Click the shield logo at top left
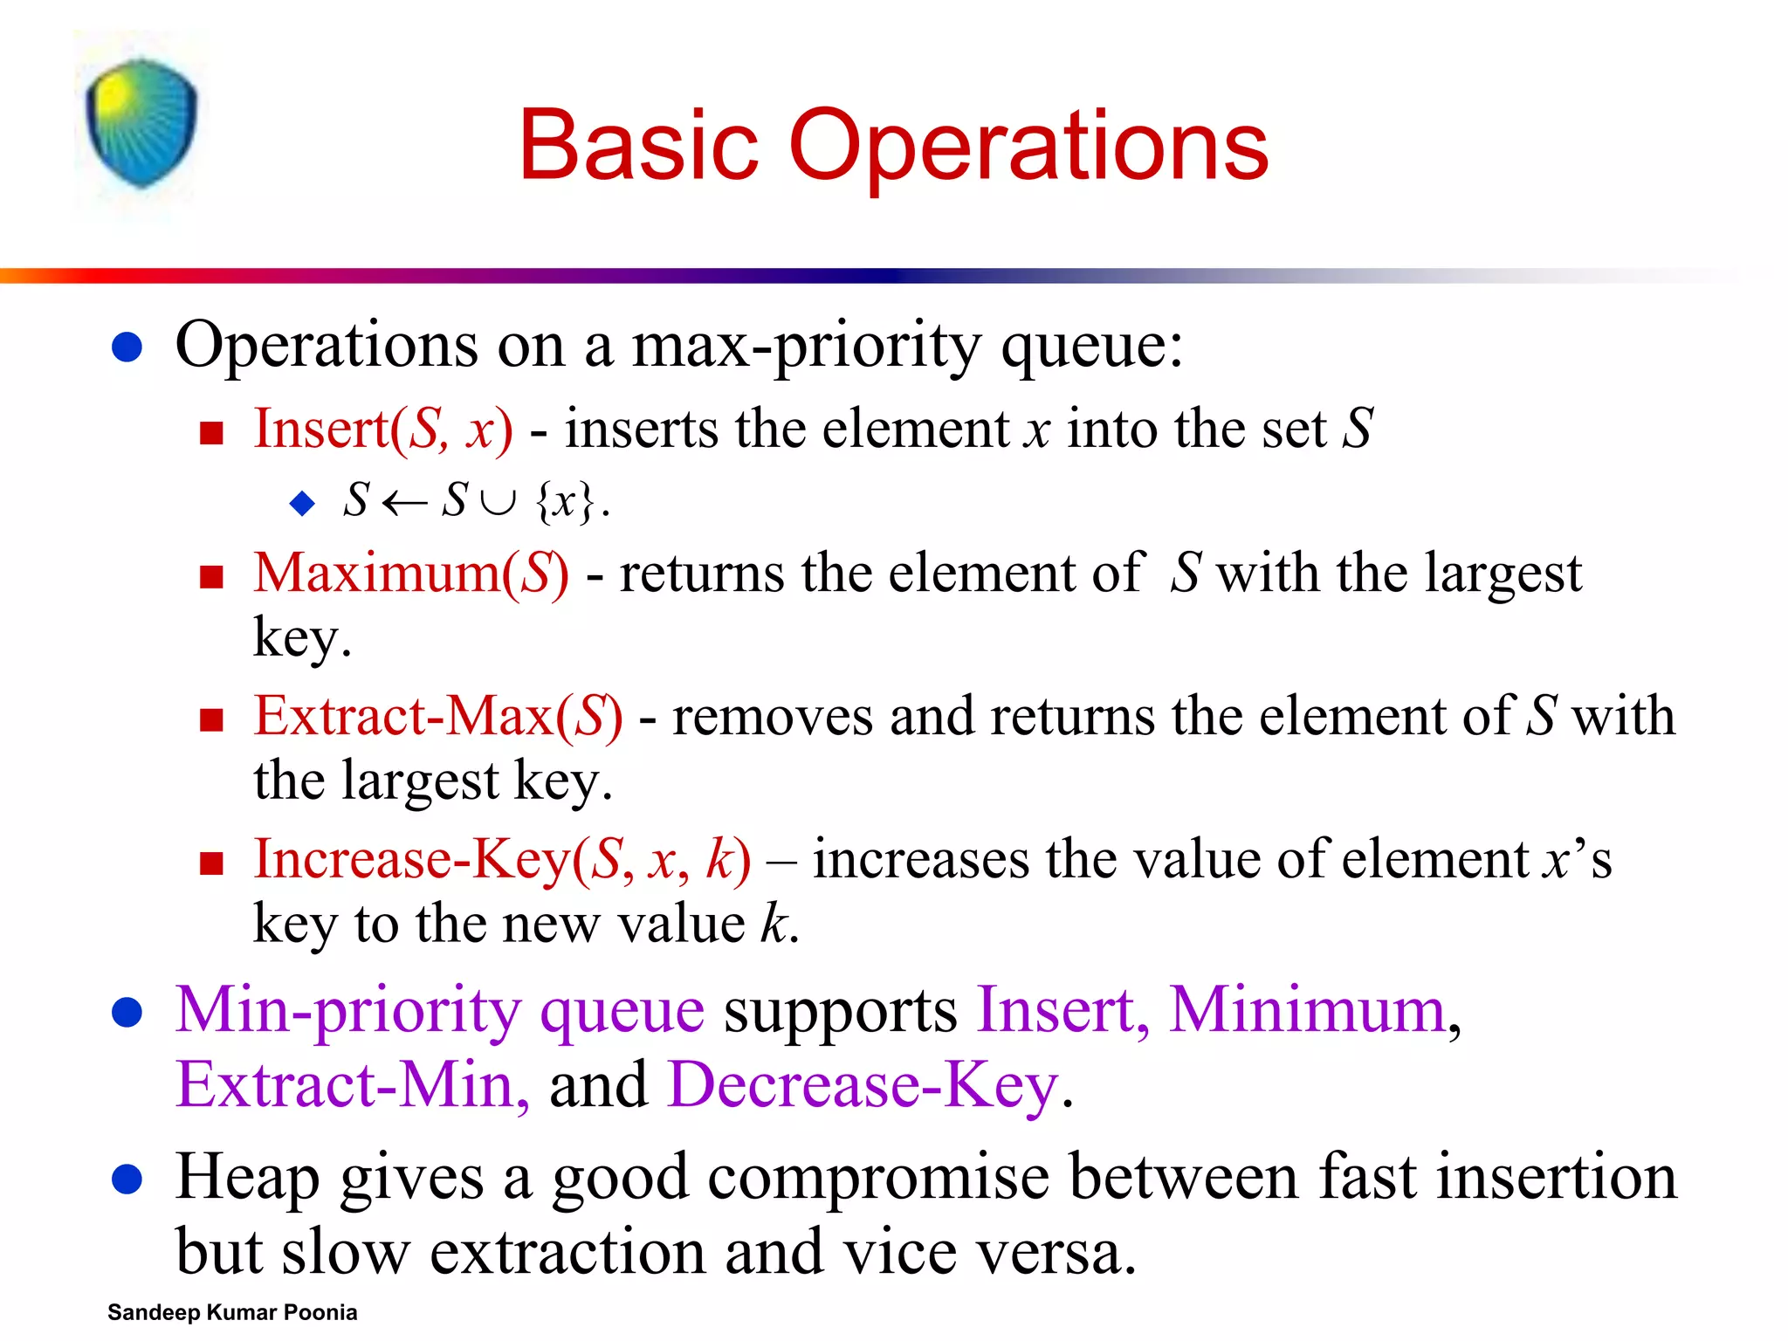click(x=141, y=122)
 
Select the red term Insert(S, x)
click(x=382, y=430)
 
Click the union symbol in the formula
click(x=499, y=502)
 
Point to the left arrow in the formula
click(x=404, y=502)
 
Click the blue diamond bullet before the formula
click(x=302, y=503)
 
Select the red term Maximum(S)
click(x=410, y=574)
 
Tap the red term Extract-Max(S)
click(x=437, y=717)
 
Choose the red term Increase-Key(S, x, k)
click(x=501, y=860)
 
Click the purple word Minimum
click(x=1306, y=1010)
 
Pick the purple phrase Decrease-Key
click(x=863, y=1085)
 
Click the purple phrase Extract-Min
click(x=352, y=1085)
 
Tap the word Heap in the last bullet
click(x=247, y=1178)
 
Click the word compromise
click(x=877, y=1178)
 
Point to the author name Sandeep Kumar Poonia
click(x=232, y=1312)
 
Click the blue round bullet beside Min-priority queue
click(x=127, y=1013)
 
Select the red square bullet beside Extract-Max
click(x=211, y=720)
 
